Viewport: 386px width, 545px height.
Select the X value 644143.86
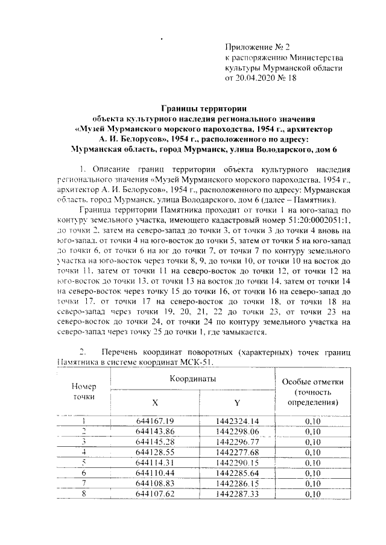[x=155, y=431]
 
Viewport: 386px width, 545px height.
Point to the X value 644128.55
[x=155, y=452]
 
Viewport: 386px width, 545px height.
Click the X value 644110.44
[x=155, y=473]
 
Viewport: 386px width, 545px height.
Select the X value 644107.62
[x=155, y=494]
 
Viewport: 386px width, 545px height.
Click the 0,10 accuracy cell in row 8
[x=312, y=494]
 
